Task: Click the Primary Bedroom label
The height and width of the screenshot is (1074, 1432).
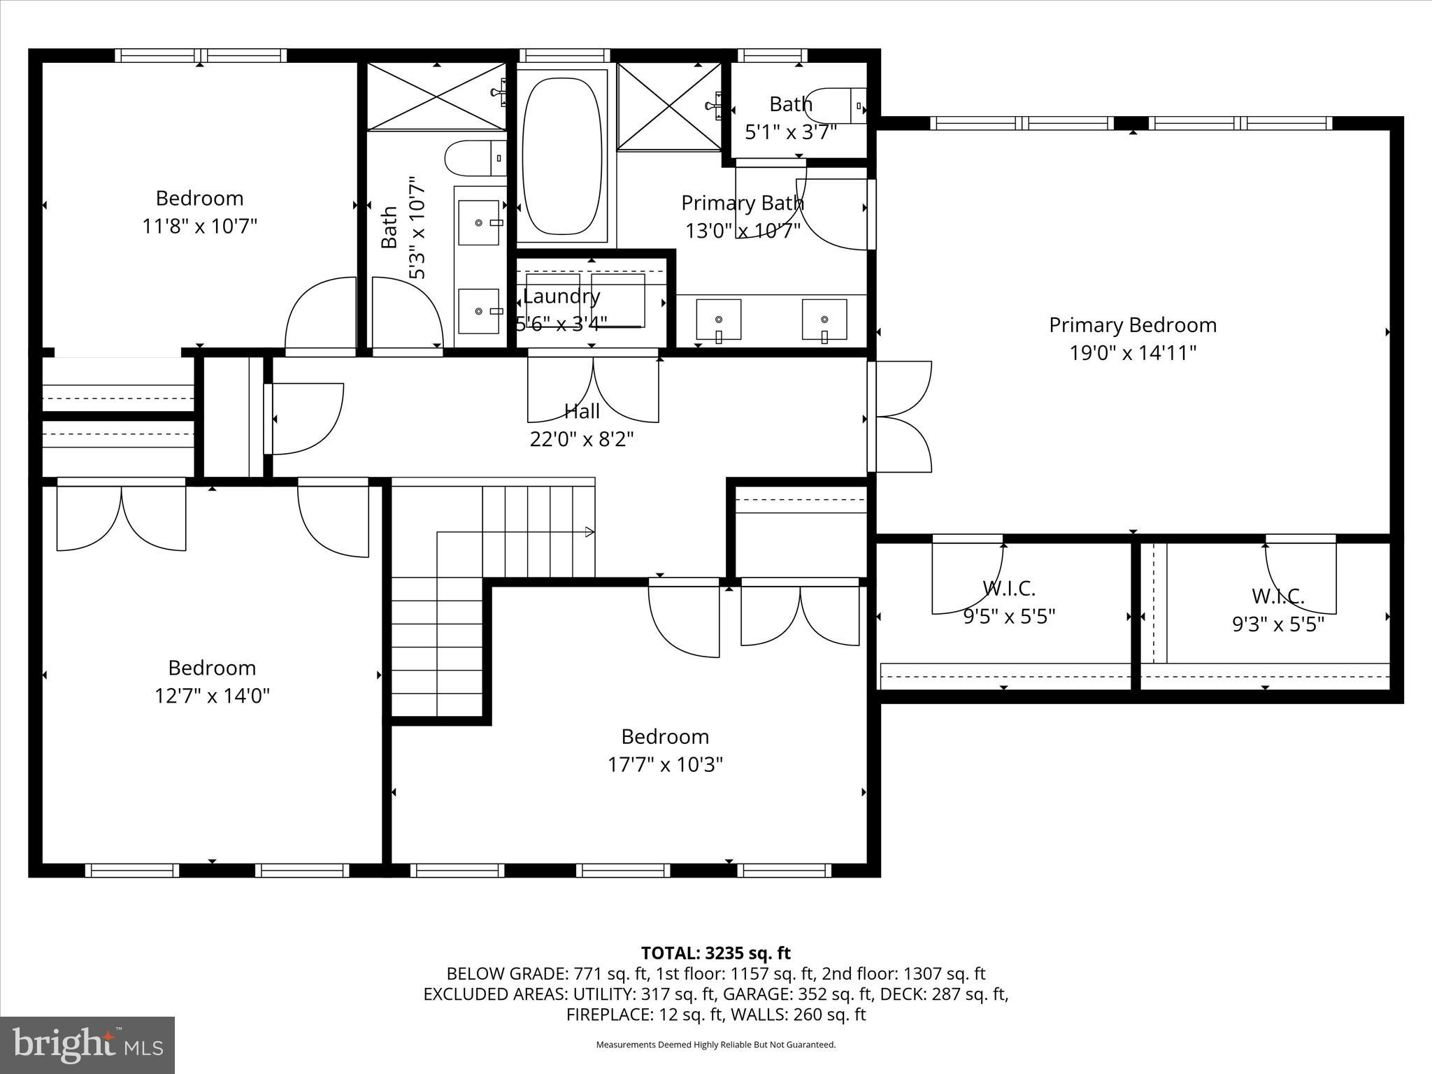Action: (x=1132, y=325)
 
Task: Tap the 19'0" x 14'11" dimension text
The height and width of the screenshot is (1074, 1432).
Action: (x=1132, y=353)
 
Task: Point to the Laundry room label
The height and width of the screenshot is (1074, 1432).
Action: (x=561, y=296)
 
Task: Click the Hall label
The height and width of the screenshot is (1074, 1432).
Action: (x=582, y=410)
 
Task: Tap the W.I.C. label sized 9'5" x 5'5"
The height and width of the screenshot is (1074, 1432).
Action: (x=1008, y=588)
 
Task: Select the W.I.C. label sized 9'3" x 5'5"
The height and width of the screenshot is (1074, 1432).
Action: (x=1277, y=596)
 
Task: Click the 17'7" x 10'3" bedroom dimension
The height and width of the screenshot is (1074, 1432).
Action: (x=664, y=765)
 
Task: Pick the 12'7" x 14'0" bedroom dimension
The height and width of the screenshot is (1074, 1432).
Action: (x=212, y=696)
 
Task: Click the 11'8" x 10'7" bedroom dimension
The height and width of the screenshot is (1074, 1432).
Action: (x=199, y=227)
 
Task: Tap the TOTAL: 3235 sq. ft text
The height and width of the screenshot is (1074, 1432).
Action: (x=715, y=953)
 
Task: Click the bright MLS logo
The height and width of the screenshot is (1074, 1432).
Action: (x=87, y=1045)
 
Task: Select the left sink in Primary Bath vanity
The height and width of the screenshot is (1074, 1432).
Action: (x=719, y=321)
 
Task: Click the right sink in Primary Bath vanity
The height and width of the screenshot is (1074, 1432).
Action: (x=824, y=321)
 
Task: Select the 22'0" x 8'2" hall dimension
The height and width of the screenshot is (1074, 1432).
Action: (x=582, y=439)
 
